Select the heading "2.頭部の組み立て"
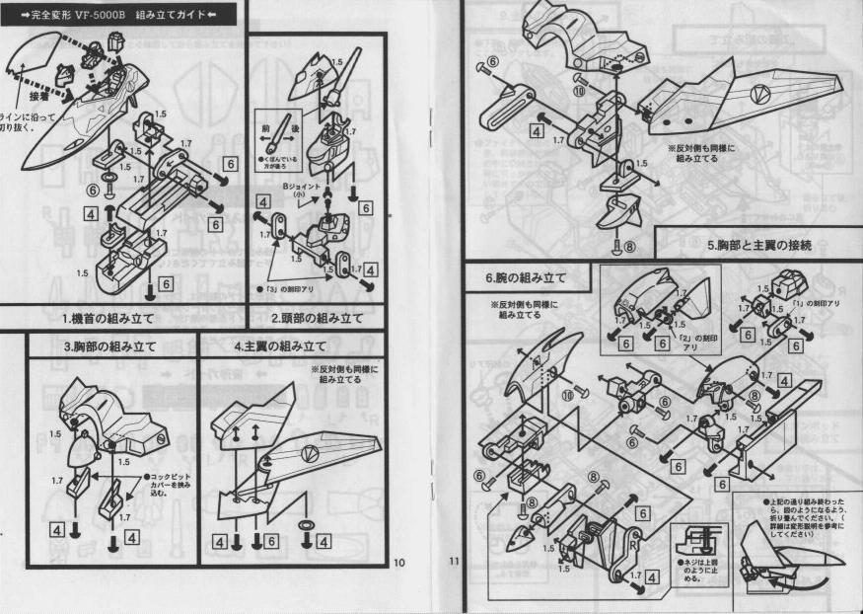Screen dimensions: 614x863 coord(318,318)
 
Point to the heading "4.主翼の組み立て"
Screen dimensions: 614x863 coord(280,347)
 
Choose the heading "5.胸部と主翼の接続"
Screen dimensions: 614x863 coord(759,245)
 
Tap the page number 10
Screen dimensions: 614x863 coord(398,563)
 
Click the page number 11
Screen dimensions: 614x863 coord(455,563)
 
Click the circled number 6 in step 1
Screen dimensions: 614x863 coord(95,191)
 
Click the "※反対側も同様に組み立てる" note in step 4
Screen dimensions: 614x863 coord(344,376)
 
